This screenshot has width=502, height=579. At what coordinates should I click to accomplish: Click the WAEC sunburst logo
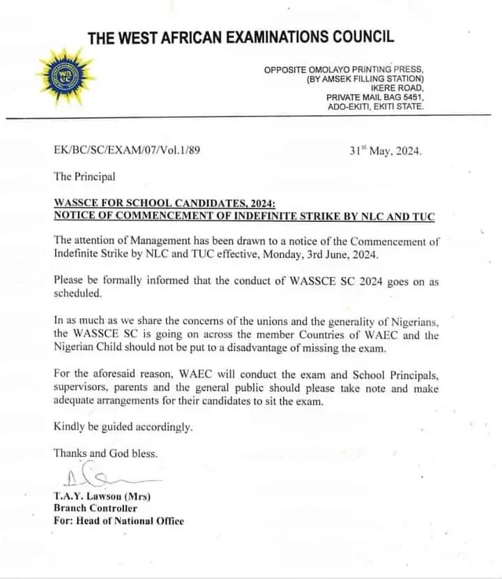(65, 77)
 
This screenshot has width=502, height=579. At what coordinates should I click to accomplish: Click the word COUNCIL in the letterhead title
(360, 37)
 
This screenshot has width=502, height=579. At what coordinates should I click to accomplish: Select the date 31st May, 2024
(385, 150)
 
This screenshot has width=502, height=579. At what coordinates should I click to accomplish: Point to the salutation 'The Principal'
(84, 176)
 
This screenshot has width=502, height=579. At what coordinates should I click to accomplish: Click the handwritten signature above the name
(98, 479)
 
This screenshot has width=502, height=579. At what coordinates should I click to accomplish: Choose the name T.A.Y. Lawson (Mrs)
(102, 497)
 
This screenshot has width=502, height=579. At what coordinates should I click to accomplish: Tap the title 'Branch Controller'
(96, 509)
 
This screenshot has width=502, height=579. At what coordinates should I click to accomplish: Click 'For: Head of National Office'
(119, 520)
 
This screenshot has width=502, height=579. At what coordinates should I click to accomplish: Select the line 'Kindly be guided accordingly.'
(123, 427)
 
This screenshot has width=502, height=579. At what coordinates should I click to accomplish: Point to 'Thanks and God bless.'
(105, 453)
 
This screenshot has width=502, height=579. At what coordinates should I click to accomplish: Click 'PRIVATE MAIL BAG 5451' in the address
(374, 97)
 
